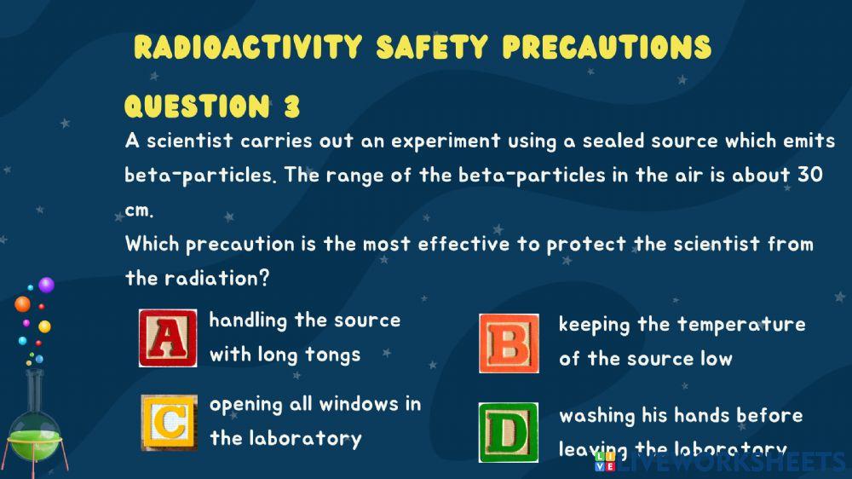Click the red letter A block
167,338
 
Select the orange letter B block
509,343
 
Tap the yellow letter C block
169,423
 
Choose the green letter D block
508,432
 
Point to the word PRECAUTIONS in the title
607,47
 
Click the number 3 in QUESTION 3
291,107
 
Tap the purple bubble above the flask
46,285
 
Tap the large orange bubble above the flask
22,303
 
